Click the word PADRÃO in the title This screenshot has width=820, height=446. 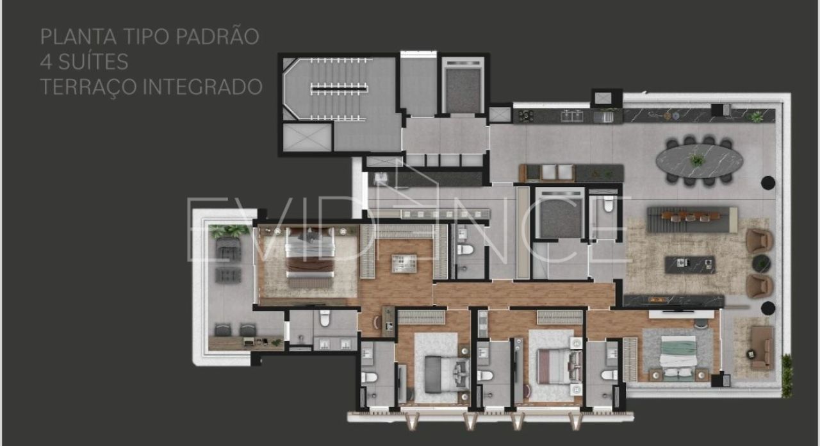[217, 37]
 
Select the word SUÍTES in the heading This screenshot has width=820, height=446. [93, 62]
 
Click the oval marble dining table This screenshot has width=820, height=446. [699, 161]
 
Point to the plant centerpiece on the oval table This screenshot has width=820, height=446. [696, 160]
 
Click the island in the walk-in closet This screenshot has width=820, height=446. [404, 263]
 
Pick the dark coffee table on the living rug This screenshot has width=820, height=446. [690, 265]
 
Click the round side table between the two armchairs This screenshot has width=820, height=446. [762, 263]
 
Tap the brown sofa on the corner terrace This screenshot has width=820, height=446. [762, 348]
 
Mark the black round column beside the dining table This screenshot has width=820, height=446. [767, 183]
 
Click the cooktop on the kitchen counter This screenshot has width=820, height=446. [526, 116]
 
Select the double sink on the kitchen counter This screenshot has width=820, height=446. [572, 116]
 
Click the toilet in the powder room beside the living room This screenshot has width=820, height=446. [608, 204]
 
